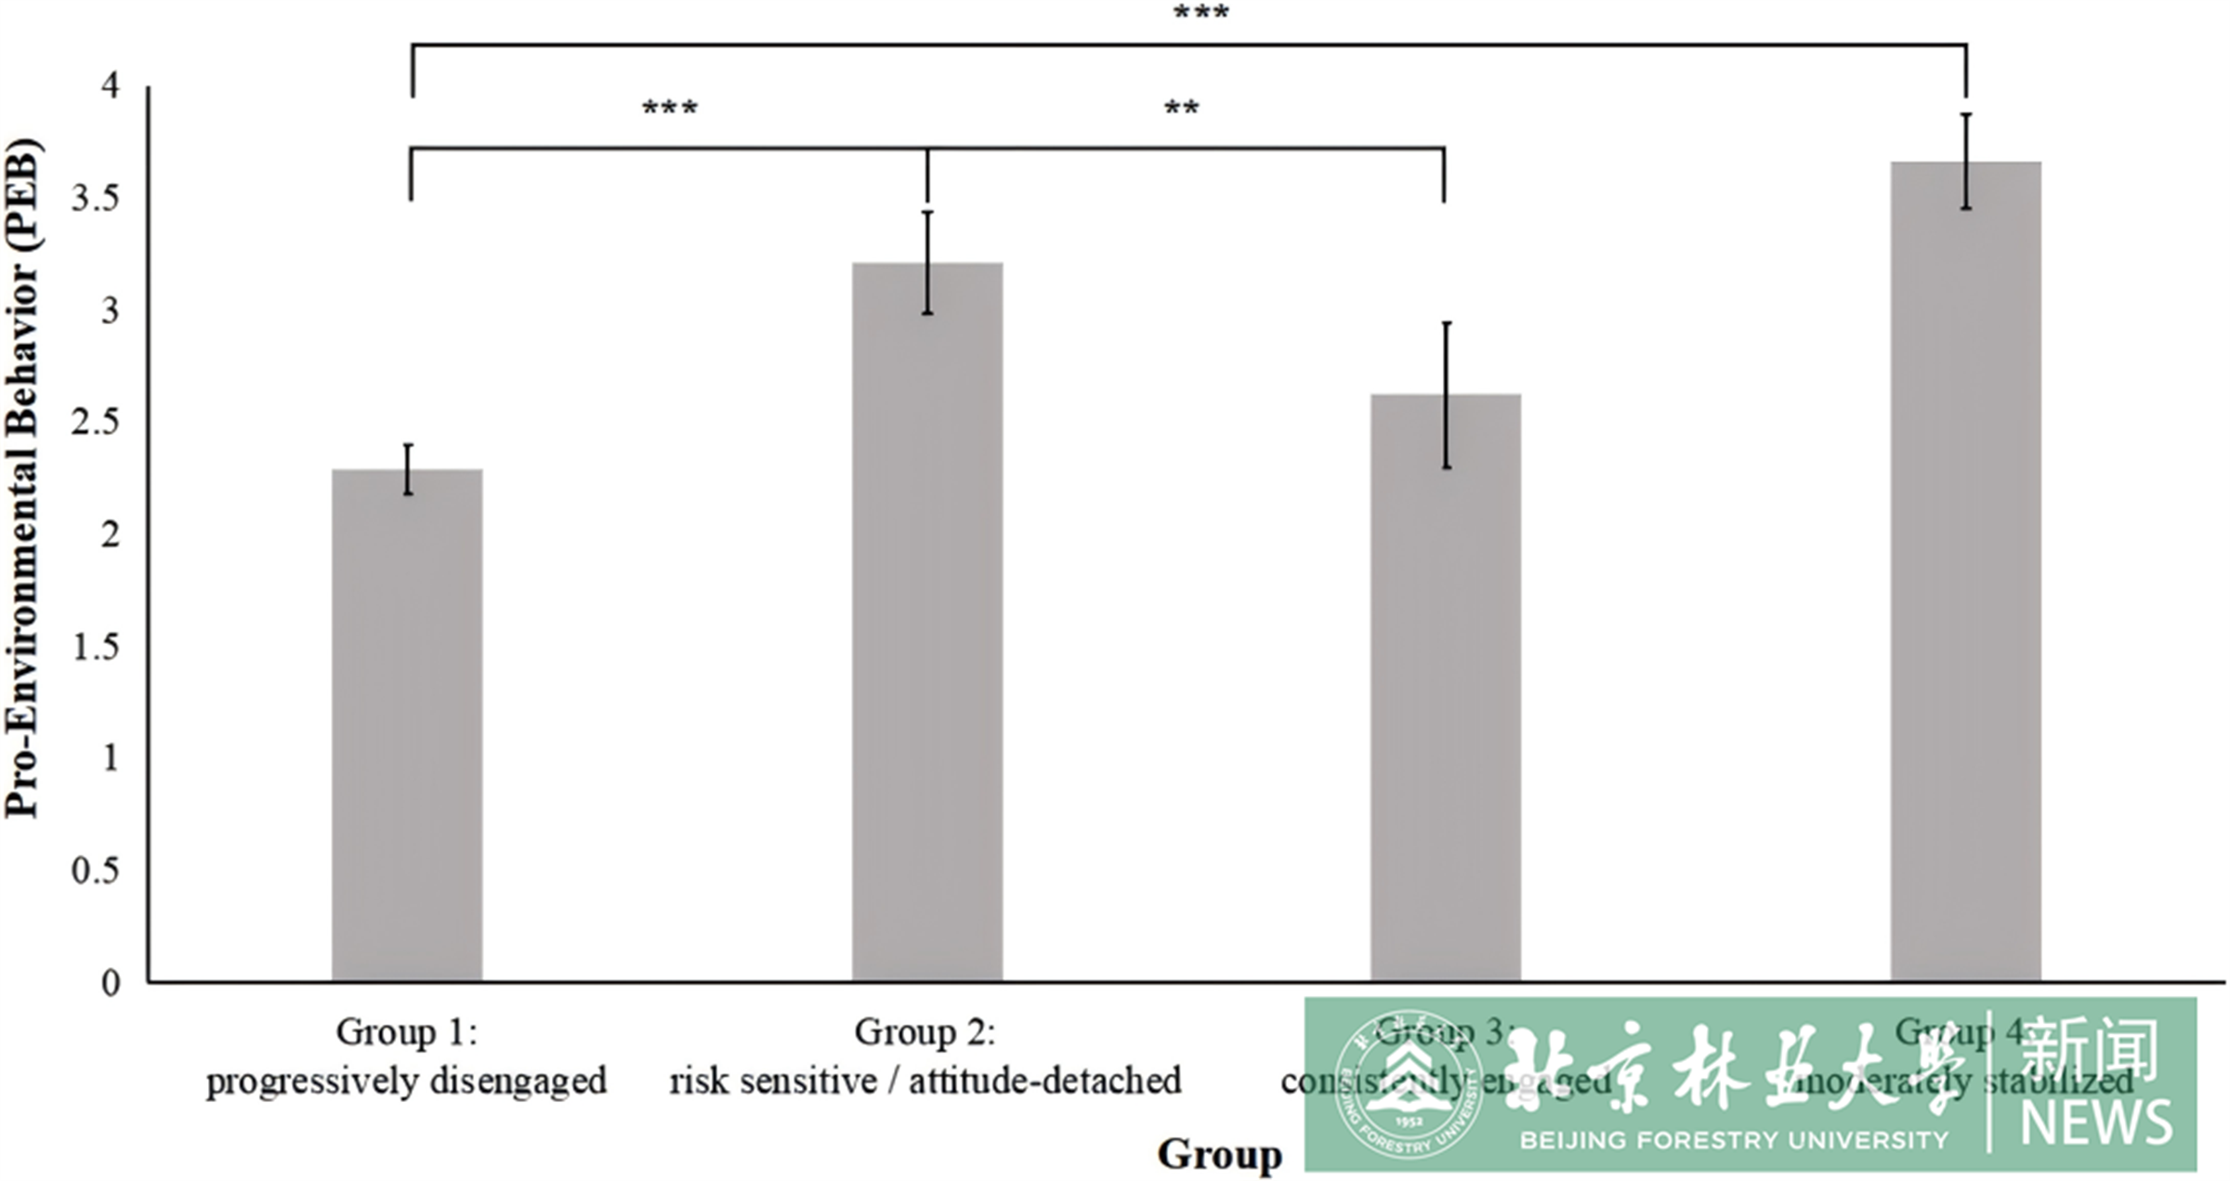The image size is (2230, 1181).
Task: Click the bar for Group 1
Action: pyautogui.click(x=407, y=725)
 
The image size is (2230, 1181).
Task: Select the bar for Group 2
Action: pyautogui.click(x=927, y=623)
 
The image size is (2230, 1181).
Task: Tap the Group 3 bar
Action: pyautogui.click(x=1445, y=688)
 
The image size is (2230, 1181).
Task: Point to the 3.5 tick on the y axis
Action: pyautogui.click(x=96, y=198)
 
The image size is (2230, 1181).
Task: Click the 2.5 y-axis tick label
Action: pyautogui.click(x=96, y=423)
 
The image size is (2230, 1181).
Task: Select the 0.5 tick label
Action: pyautogui.click(x=96, y=871)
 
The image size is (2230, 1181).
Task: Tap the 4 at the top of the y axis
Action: pyautogui.click(x=111, y=85)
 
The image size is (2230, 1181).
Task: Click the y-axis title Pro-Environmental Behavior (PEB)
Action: pyautogui.click(x=22, y=479)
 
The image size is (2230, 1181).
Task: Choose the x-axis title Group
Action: pyautogui.click(x=1219, y=1154)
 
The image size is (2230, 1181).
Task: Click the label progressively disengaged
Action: pyautogui.click(x=406, y=1082)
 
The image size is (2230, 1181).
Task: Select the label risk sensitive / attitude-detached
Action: pyautogui.click(x=925, y=1082)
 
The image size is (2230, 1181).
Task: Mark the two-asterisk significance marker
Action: pyautogui.click(x=1181, y=110)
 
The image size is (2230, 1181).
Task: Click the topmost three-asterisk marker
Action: pyautogui.click(x=1200, y=14)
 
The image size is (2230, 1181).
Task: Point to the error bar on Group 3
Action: pyautogui.click(x=1446, y=395)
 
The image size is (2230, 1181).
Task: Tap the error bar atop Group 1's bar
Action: pyautogui.click(x=408, y=469)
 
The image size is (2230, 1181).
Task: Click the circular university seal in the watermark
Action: pyautogui.click(x=1408, y=1084)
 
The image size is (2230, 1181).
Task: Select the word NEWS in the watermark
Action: pyautogui.click(x=2096, y=1122)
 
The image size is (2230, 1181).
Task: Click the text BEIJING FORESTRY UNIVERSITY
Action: pyautogui.click(x=1734, y=1140)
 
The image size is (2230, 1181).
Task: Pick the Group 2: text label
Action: pyautogui.click(x=925, y=1031)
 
